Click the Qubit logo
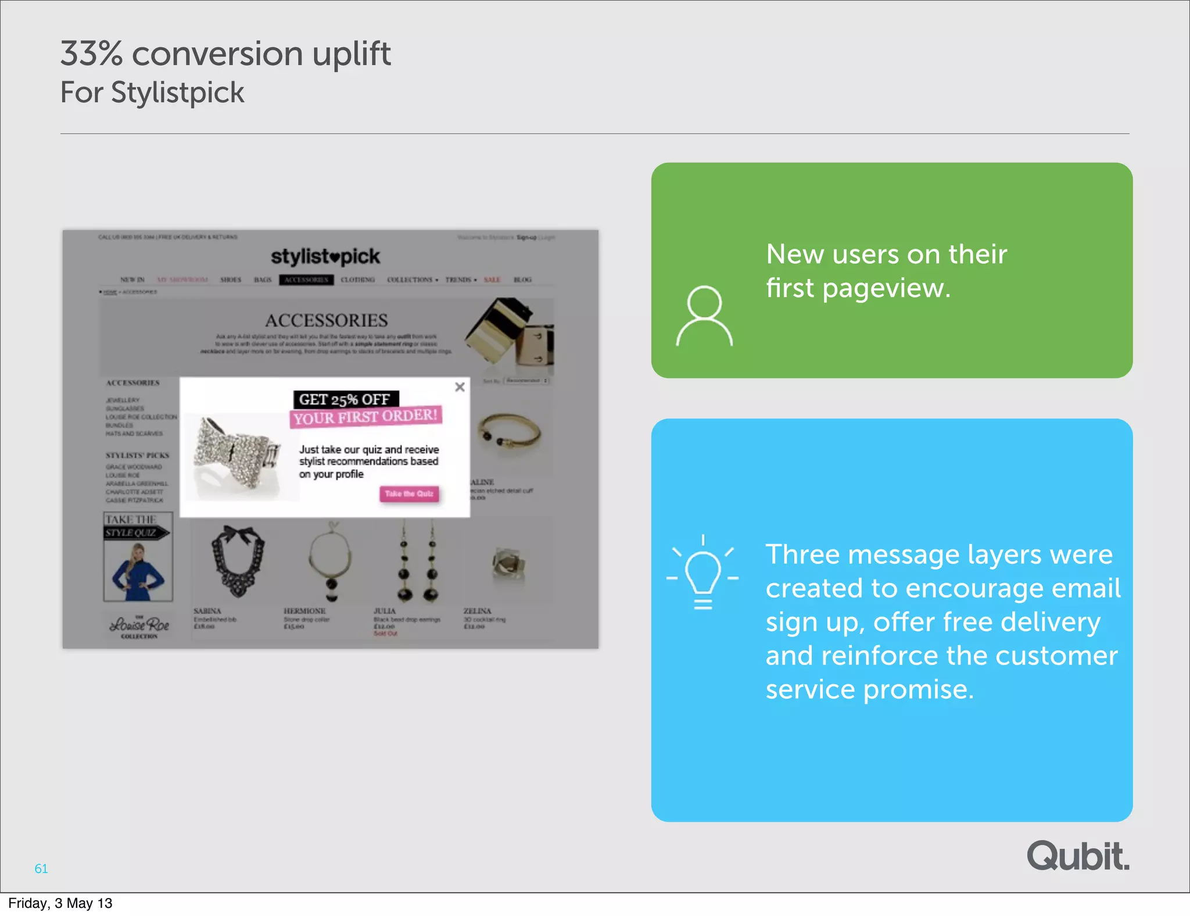pyautogui.click(x=1078, y=856)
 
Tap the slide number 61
pyautogui.click(x=41, y=868)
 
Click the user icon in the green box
pyautogui.click(x=704, y=316)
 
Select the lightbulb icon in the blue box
pyautogui.click(x=702, y=572)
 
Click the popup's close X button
pyautogui.click(x=460, y=387)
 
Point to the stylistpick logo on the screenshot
pyautogui.click(x=325, y=256)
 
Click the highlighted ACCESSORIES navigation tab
pyautogui.click(x=306, y=280)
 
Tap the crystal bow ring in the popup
pyautogui.click(x=236, y=453)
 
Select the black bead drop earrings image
pyautogui.click(x=418, y=564)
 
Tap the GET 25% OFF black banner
pyautogui.click(x=345, y=399)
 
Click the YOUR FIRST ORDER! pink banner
pyautogui.click(x=365, y=417)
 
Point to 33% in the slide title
pyautogui.click(x=91, y=54)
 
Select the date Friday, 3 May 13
pyautogui.click(x=60, y=903)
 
